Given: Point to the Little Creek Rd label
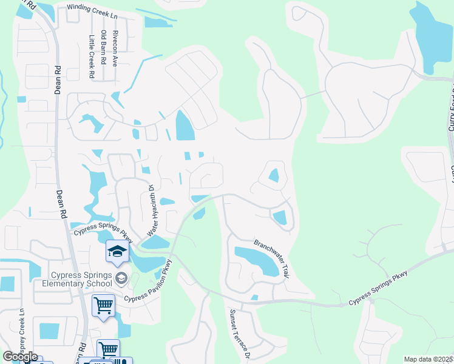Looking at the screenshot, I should (x=92, y=56).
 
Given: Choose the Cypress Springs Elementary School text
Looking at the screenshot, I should (x=77, y=279).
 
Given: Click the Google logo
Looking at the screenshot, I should (x=20, y=357).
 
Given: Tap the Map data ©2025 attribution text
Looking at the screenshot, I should (x=428, y=359).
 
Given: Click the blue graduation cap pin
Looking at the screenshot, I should (x=117, y=252).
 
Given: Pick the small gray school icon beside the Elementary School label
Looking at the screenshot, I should (x=121, y=278).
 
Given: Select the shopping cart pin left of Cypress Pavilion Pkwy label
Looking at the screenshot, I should (x=103, y=305).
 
